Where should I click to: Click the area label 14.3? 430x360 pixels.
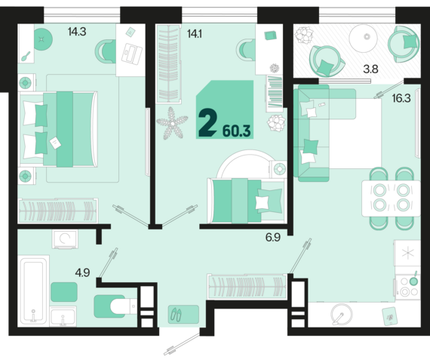coord(77,32)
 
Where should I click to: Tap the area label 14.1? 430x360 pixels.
coord(195,34)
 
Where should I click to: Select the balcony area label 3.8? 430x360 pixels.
coord(370,69)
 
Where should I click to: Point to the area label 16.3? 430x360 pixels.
coord(401,98)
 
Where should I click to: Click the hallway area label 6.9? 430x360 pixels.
coord(273,237)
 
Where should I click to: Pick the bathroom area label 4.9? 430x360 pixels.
coord(82,272)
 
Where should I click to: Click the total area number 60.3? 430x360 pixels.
coord(237,131)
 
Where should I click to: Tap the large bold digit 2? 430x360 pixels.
coord(208,122)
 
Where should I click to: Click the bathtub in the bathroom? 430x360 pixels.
coord(33,291)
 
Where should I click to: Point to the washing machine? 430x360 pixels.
coord(65,239)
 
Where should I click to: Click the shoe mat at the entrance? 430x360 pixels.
coord(183,314)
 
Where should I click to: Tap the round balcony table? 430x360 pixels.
coord(364,38)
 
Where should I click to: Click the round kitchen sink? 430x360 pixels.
coord(342,314)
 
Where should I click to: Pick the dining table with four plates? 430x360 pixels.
coord(391,198)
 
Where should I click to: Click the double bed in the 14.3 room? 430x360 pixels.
coord(58,129)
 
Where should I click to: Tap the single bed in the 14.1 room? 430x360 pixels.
coord(247,201)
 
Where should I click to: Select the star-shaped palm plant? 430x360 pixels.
coord(172,124)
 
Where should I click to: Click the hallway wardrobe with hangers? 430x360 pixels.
coord(247,287)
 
